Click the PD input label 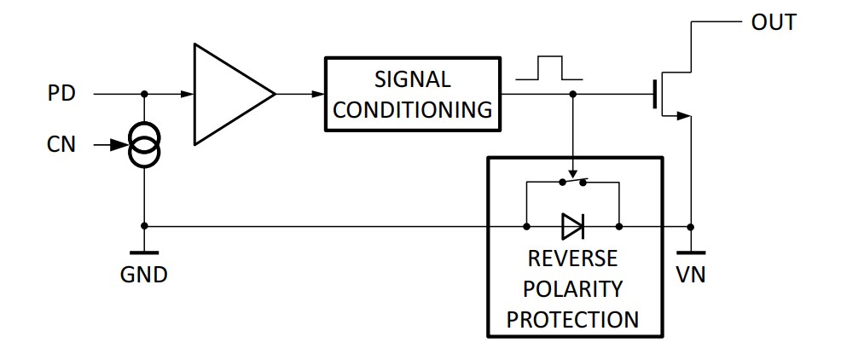point(61,93)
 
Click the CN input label point(61,145)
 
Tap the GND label point(144,276)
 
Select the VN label point(691,276)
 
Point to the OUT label point(774,23)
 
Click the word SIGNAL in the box point(412,79)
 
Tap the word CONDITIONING point(412,109)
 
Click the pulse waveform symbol point(551,68)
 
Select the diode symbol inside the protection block point(572,227)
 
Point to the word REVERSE point(573,258)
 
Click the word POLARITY point(573,288)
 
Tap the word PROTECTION point(573,319)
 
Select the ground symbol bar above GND point(144,253)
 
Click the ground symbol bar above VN point(691,253)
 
